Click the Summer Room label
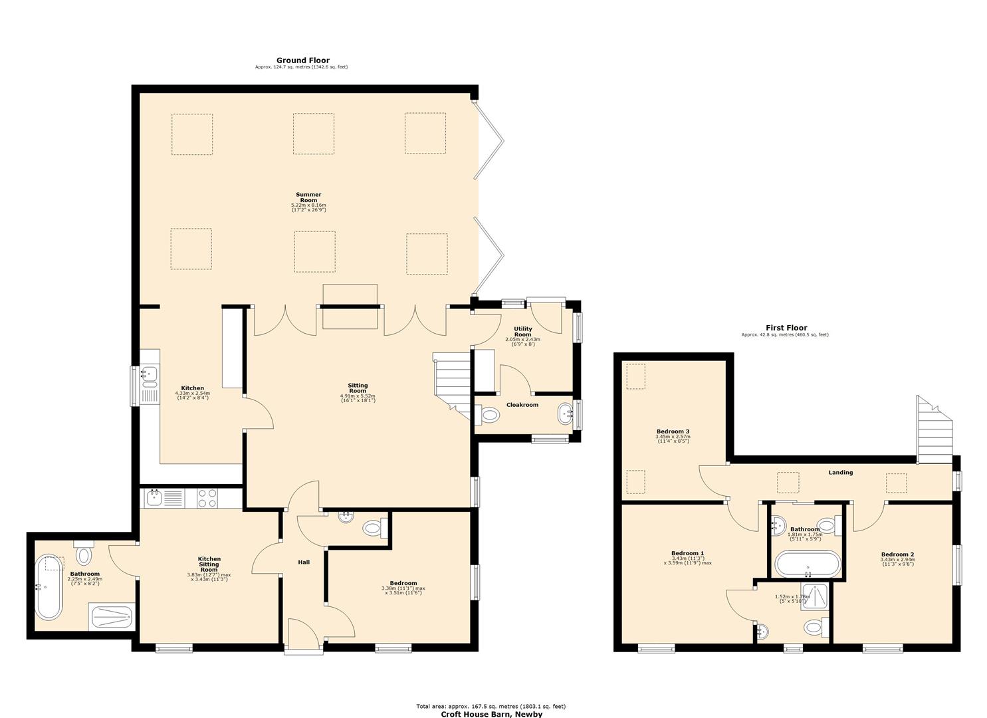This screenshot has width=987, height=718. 308,197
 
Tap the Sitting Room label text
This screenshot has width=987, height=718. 358,388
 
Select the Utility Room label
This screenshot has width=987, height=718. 522,332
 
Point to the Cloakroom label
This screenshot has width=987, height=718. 522,405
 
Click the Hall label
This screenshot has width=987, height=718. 304,562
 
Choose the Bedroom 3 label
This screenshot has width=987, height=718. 673,432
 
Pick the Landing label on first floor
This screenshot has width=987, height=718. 840,473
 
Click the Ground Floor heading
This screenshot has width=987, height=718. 302,60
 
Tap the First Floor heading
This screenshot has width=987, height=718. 786,328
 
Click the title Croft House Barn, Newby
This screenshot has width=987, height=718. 492,715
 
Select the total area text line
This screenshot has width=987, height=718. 491,707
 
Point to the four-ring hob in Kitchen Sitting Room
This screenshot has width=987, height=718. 207,498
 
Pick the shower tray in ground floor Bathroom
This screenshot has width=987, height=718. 112,618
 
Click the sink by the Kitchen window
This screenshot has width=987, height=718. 150,376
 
